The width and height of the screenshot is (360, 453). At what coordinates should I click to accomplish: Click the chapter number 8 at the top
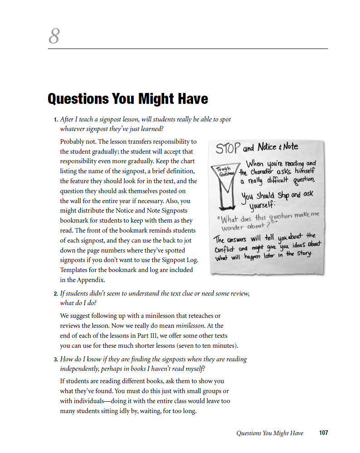[x=54, y=36]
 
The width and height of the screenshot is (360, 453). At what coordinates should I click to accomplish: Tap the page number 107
[x=323, y=433]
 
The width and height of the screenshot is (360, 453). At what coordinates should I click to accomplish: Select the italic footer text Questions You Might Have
[x=270, y=433]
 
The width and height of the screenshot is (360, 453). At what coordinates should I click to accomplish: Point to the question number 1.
[x=55, y=120]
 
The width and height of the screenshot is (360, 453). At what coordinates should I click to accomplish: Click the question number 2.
[x=55, y=294]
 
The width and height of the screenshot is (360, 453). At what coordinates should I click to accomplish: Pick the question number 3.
[x=55, y=360]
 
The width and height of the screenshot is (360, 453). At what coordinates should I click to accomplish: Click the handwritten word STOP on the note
[x=228, y=149]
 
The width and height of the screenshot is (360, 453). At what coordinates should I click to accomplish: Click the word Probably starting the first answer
[x=73, y=141]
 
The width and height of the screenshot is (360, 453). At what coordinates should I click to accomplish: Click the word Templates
[x=74, y=270]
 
